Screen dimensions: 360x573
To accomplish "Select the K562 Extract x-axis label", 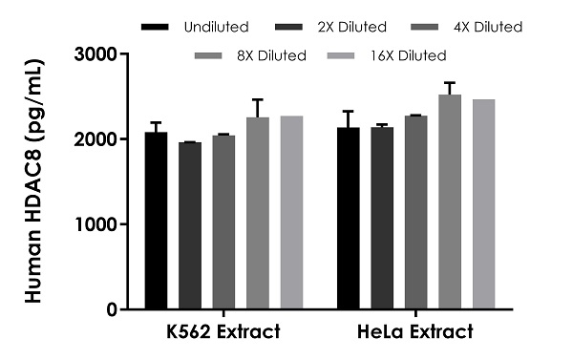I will [x=223, y=333].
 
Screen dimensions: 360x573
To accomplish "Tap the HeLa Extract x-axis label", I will [x=416, y=333].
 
